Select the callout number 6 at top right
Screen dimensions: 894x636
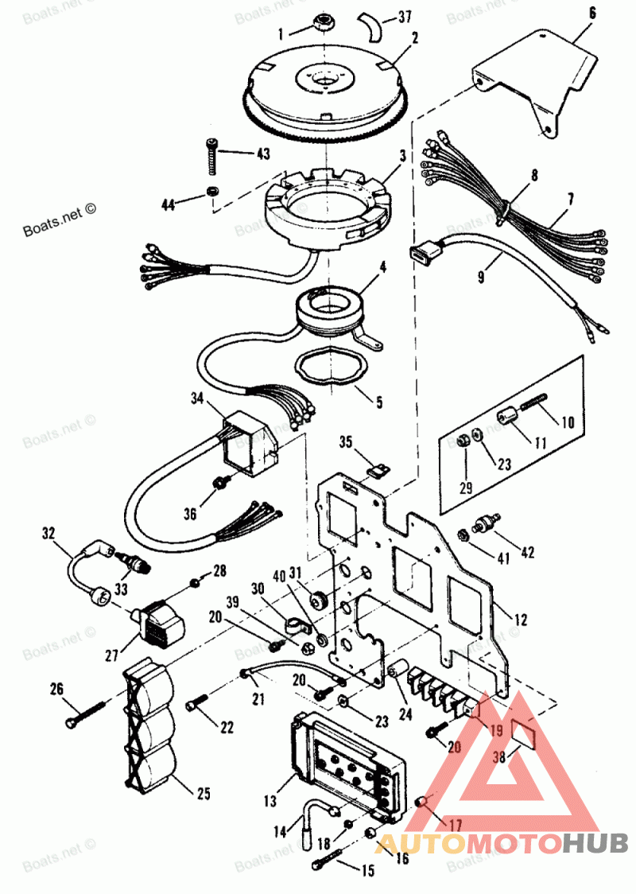(591, 13)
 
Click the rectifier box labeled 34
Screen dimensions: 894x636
(247, 447)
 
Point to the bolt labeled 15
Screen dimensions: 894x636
(327, 857)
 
